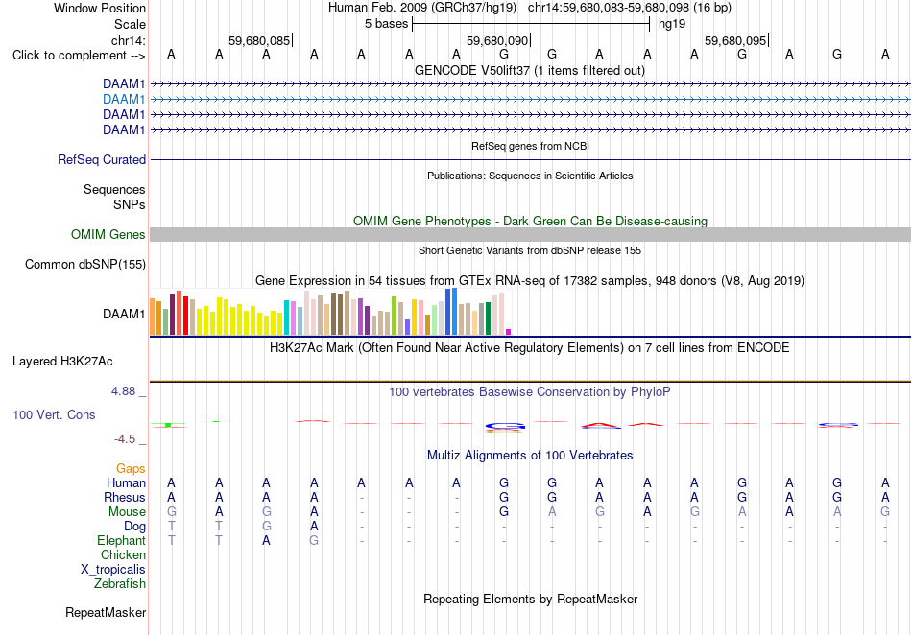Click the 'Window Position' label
coord(100,8)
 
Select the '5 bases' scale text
coord(386,24)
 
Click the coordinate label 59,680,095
coord(735,40)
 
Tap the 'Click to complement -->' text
coord(79,56)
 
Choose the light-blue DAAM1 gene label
coord(124,100)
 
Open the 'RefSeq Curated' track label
coord(102,160)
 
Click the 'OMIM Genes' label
coord(108,234)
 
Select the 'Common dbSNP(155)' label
coord(85,265)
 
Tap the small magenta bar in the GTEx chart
coord(509,332)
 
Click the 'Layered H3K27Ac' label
coord(62,362)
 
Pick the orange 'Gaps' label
coord(131,468)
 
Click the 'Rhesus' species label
coord(125,497)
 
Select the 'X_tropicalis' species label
coord(113,570)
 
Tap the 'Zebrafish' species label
coord(120,584)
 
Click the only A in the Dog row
coord(314,527)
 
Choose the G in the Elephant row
coord(314,541)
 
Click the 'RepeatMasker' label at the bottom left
coord(106,612)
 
